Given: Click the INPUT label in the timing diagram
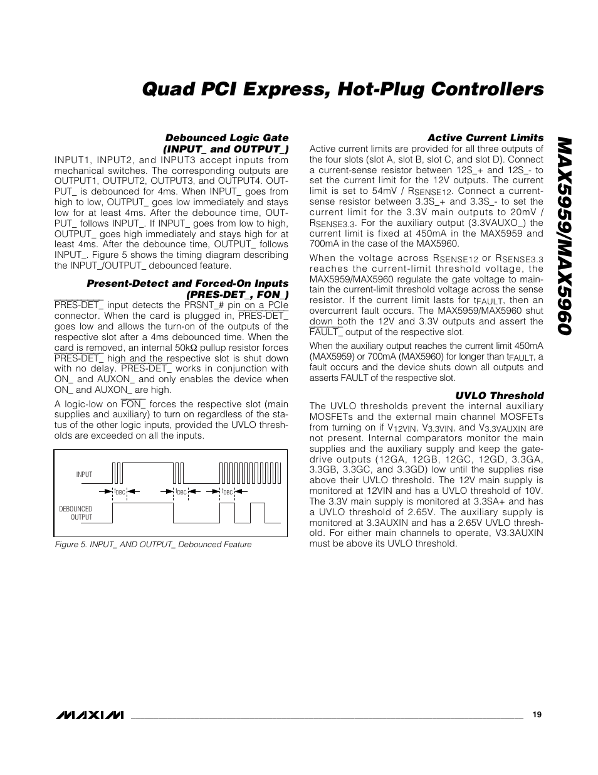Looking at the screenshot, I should (84, 474).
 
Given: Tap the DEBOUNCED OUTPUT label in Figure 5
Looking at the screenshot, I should (76, 513).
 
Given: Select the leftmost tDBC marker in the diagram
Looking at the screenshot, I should (120, 492).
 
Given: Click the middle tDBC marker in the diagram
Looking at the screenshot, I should (181, 492).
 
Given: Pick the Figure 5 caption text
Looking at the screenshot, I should (153, 545).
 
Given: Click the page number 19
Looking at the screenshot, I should (537, 714).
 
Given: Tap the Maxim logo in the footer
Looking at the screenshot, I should (89, 715).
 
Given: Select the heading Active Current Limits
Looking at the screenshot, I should (485, 137).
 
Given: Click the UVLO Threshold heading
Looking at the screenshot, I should (500, 395).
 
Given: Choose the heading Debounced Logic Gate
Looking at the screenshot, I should (226, 137).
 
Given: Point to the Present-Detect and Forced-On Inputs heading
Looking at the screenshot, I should (187, 284).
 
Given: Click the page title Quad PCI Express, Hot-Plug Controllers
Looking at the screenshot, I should (343, 90).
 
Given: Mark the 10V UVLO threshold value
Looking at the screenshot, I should (534, 491).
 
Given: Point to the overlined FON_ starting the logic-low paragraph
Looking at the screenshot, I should (134, 404).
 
